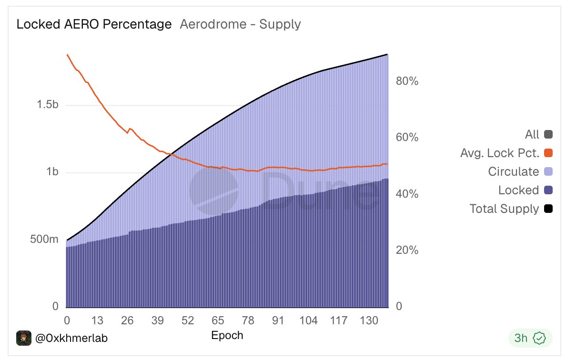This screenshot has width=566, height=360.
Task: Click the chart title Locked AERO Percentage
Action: tap(94, 24)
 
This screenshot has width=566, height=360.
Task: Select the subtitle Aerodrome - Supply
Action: tap(240, 24)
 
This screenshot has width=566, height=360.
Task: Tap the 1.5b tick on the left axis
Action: tap(48, 105)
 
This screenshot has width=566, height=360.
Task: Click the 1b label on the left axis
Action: tap(53, 172)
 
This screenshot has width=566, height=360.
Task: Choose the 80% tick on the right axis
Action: tap(407, 81)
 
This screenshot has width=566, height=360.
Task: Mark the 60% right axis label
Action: tap(407, 138)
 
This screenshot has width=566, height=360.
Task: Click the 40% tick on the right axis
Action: tap(407, 194)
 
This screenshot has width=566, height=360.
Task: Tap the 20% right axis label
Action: tap(407, 250)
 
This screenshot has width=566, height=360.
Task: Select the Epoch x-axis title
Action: tap(227, 335)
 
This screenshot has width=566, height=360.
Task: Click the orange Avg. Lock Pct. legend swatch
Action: tap(548, 153)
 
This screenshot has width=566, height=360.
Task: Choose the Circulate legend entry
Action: tap(514, 172)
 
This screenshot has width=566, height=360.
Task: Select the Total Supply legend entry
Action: tap(504, 209)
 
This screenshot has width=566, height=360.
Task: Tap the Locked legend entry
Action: tap(518, 190)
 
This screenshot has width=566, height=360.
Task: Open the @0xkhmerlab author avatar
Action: tap(24, 338)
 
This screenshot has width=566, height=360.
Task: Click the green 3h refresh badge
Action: tap(530, 338)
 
